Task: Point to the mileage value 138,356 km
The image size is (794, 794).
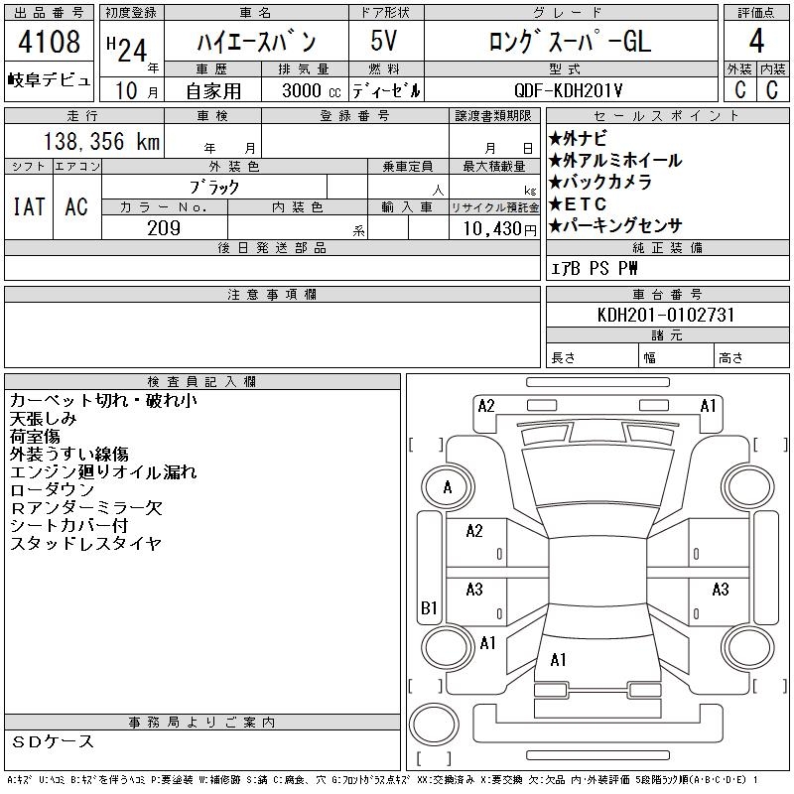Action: tap(99, 142)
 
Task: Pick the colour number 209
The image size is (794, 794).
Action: tap(164, 228)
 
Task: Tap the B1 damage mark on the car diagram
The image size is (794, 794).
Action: tap(430, 607)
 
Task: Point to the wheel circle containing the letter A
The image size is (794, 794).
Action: tap(448, 487)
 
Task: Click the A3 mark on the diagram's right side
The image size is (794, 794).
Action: tap(721, 590)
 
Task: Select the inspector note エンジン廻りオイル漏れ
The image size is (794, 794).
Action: tap(103, 472)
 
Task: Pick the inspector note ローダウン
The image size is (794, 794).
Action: tap(52, 490)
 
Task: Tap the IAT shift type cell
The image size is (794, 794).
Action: tap(28, 206)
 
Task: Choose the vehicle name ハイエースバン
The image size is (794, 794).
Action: tap(255, 43)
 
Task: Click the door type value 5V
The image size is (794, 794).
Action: tap(386, 43)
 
